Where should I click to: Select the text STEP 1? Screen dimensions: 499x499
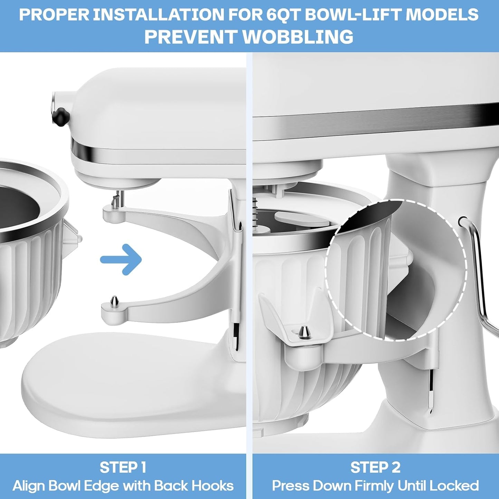(x=123, y=467)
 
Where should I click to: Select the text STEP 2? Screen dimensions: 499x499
(x=375, y=467)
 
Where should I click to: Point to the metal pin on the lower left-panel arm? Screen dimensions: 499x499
(x=113, y=302)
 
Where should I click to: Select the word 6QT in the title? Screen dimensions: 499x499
(x=300, y=15)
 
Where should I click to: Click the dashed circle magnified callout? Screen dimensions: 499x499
(x=395, y=269)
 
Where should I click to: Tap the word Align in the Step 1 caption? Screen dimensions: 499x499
(x=29, y=486)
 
